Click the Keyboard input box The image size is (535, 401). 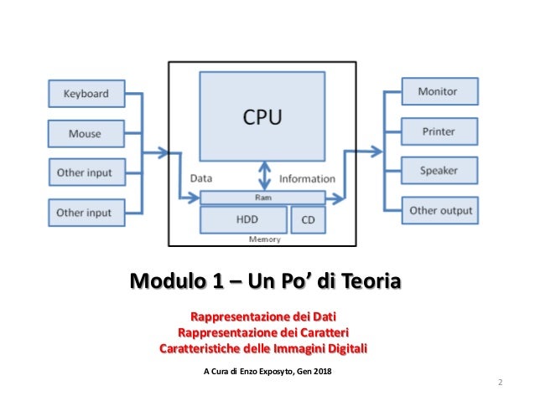(x=86, y=94)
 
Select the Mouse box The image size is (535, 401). (x=86, y=133)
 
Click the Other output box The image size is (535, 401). (x=440, y=210)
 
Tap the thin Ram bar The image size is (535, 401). (x=262, y=198)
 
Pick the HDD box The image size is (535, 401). (x=242, y=219)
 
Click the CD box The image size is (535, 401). (x=307, y=219)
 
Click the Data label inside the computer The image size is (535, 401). (x=201, y=178)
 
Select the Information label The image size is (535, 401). (x=307, y=178)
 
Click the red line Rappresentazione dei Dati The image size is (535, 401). (x=262, y=318)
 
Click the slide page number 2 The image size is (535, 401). (x=500, y=383)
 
